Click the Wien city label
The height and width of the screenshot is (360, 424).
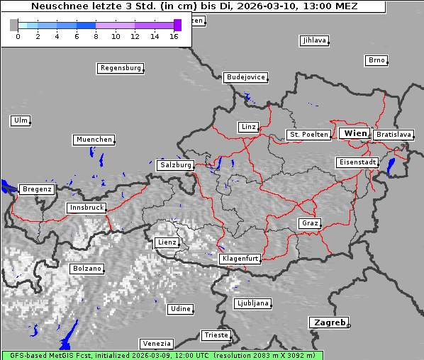coord(355,133)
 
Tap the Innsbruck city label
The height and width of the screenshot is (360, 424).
coord(86,208)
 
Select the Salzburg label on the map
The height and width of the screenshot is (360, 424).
coord(175,165)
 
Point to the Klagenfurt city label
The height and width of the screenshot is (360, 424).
coord(240,259)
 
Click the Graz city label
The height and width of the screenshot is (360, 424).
coord(309,223)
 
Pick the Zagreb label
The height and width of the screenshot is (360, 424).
coord(328,322)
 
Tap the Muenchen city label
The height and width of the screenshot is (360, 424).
coord(94,140)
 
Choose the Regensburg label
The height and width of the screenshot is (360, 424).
coord(120,69)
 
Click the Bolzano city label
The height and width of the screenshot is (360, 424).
coord(87,269)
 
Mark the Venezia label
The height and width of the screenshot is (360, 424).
coord(155,344)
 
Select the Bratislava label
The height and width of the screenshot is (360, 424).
coord(393,135)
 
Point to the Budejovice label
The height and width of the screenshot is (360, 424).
coord(245,77)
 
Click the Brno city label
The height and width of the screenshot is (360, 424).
coord(376,60)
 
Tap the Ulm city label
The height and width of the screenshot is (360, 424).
coord(20,120)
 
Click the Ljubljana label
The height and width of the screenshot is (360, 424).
coord(252,303)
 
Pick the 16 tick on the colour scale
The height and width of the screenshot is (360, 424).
coord(174,35)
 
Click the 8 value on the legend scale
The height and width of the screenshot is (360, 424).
coord(96,35)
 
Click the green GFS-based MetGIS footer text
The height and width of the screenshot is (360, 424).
coord(162,355)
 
